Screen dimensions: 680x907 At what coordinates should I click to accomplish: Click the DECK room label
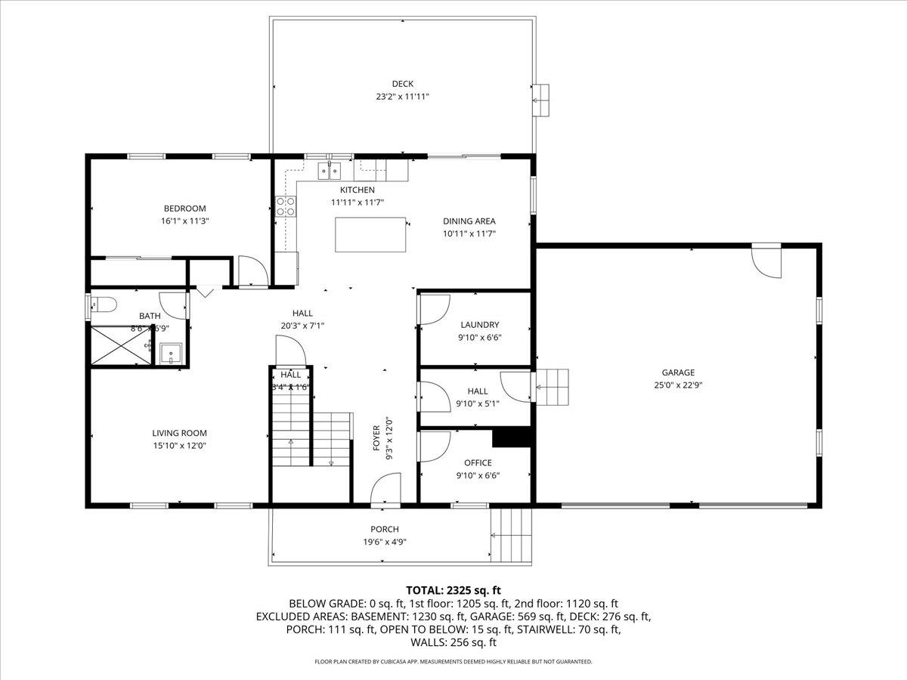(x=402, y=84)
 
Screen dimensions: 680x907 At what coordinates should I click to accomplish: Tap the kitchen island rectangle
(x=370, y=234)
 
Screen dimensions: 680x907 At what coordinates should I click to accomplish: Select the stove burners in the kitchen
(x=286, y=206)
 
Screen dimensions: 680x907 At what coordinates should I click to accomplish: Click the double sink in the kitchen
(x=330, y=170)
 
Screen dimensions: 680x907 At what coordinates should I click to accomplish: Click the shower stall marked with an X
(x=119, y=346)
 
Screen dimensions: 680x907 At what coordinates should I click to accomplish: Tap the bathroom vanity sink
(x=171, y=354)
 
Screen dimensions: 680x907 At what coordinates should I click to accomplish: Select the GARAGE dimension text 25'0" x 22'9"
(x=678, y=385)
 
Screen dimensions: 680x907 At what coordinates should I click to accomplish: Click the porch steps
(x=512, y=535)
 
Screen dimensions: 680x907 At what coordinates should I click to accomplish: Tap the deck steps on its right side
(x=540, y=100)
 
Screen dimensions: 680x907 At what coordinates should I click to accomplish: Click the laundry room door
(x=432, y=310)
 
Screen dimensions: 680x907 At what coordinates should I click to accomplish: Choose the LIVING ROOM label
(x=179, y=433)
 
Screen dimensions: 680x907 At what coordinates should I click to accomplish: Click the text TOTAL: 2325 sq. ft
(x=453, y=590)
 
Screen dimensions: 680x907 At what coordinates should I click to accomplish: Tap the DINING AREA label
(x=469, y=221)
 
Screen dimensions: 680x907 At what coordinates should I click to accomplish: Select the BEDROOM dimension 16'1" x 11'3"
(x=184, y=221)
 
